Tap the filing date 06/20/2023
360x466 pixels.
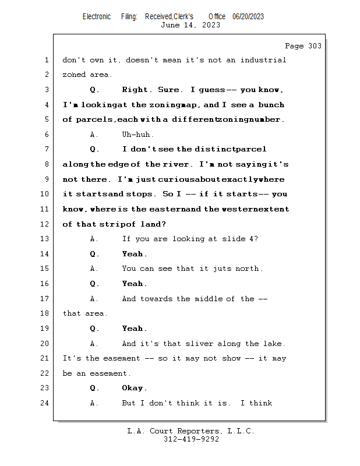pos(248,16)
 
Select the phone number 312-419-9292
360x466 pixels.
pos(191,439)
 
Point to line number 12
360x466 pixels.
pos(46,224)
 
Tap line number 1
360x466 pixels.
pos(46,60)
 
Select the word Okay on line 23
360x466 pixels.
pos(134,388)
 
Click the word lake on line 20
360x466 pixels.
pos(274,344)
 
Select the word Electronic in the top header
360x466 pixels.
pos(97,16)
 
